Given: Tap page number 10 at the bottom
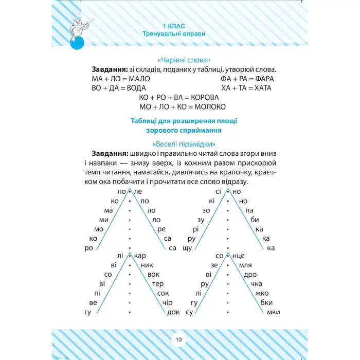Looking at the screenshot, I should pos(178,339).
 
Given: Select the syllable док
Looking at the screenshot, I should pos(173,312).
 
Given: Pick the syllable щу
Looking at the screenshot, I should pos(187,248).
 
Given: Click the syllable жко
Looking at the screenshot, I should pos(261,293).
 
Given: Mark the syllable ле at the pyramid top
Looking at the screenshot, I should pos(137,191).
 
